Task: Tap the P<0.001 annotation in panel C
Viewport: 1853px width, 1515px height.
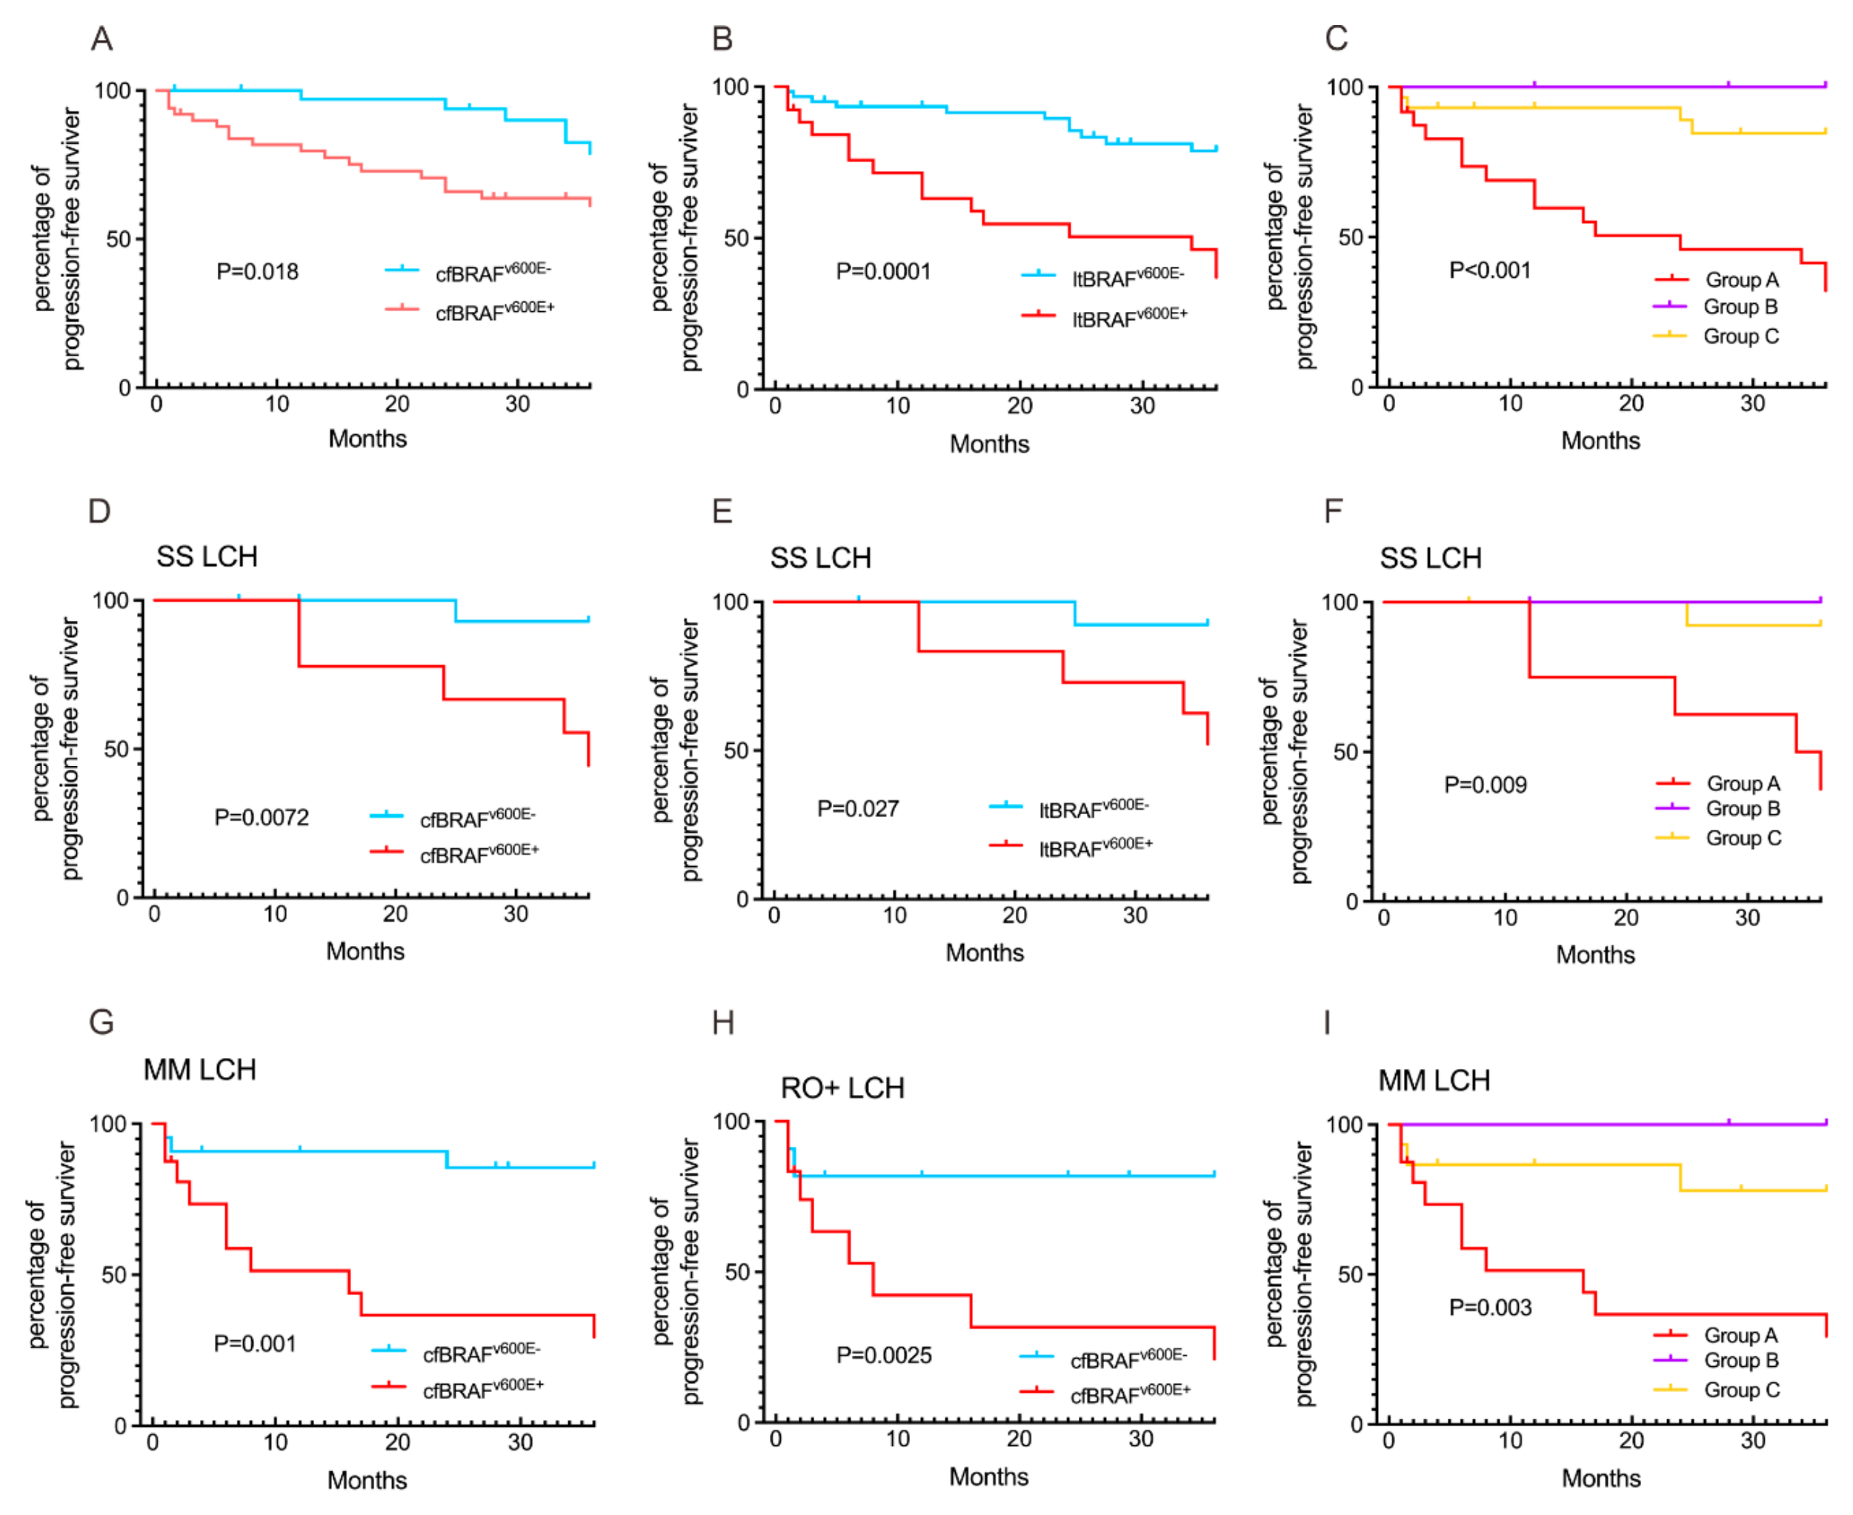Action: (1489, 270)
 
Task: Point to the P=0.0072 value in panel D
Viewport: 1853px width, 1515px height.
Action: (261, 818)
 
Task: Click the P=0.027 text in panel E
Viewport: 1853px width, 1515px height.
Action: (857, 809)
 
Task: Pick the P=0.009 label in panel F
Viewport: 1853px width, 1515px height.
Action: (1485, 785)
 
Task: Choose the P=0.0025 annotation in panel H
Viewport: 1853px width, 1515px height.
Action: (883, 1355)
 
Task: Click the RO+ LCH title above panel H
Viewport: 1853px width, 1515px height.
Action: (842, 1088)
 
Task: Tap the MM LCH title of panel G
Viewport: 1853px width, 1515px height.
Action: (200, 1070)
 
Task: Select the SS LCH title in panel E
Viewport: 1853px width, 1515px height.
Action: (819, 559)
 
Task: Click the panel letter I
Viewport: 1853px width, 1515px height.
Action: (1327, 1022)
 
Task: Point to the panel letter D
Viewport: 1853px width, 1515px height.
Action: (99, 511)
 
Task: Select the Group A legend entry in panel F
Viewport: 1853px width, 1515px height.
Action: (1742, 784)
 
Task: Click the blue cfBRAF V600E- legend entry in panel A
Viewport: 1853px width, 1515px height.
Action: (492, 273)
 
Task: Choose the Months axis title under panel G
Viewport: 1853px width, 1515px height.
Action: (367, 1481)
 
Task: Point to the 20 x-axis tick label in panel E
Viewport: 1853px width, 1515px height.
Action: (1014, 916)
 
